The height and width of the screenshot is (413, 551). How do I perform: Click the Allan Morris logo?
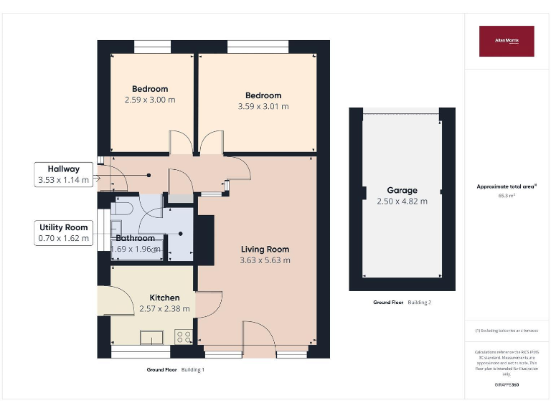point(507,41)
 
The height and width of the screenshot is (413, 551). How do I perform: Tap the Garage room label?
point(402,191)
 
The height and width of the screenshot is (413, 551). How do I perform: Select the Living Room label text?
point(265,250)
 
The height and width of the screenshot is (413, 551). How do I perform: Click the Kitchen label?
point(164,298)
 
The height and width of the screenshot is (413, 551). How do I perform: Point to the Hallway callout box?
point(64,174)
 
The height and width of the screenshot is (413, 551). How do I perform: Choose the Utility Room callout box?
point(64,232)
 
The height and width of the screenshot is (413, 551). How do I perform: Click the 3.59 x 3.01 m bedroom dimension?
point(263,106)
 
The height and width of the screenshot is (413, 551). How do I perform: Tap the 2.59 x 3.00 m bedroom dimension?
point(150,100)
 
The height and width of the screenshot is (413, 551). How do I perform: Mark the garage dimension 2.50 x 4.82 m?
point(402,201)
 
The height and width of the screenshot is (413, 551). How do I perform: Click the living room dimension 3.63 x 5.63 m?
point(265,260)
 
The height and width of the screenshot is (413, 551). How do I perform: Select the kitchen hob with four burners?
point(183,336)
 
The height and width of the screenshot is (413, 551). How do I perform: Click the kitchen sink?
point(151,337)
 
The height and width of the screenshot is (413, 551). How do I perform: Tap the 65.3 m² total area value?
point(507,196)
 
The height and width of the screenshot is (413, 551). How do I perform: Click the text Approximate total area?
point(507,186)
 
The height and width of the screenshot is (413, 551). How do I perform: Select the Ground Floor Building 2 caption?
point(402,303)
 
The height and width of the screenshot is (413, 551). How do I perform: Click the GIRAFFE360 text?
point(507,385)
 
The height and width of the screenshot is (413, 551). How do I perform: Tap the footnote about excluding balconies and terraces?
point(507,331)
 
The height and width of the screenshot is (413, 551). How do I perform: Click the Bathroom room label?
point(135,238)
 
